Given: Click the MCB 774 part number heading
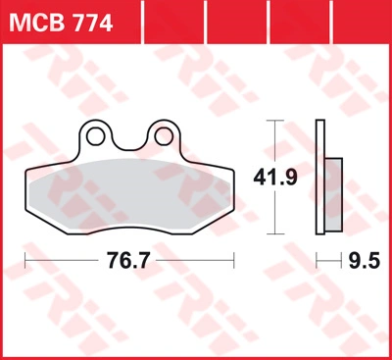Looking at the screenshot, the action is click(x=61, y=24).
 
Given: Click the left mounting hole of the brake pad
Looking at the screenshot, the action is click(x=95, y=136).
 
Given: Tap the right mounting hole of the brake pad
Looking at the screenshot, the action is click(x=164, y=136).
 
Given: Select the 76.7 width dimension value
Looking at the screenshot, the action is click(x=128, y=261).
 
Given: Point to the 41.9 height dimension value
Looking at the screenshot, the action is click(x=275, y=178).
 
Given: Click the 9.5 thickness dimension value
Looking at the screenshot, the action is click(x=365, y=261).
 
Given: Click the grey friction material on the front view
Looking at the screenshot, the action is click(x=129, y=193).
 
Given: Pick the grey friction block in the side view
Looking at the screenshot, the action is click(x=333, y=195).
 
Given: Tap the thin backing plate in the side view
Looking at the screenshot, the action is click(x=320, y=177).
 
